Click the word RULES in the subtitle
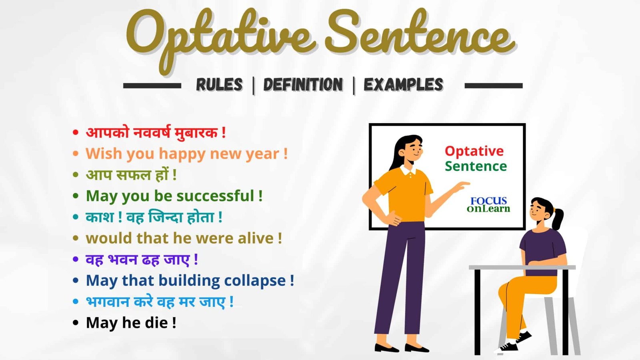coord(219,85)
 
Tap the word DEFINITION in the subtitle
coord(303,85)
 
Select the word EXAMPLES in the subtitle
coord(403,85)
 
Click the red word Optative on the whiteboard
coord(474,151)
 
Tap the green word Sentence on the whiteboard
coord(476,166)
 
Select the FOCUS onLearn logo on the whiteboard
coord(488,204)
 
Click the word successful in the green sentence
coord(215,196)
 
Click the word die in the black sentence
coord(156,323)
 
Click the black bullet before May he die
coord(76,323)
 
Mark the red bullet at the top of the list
coord(76,132)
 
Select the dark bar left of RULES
coord(152,85)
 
